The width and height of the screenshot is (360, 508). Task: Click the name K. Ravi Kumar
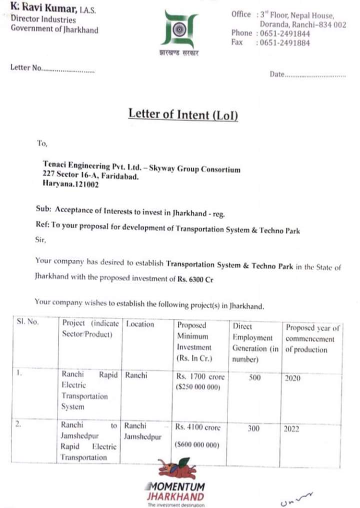pos(42,9)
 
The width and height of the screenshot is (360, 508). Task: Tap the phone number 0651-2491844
pos(284,34)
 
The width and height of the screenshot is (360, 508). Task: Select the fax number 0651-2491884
pos(284,43)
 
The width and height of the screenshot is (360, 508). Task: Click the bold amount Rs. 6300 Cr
pos(195,279)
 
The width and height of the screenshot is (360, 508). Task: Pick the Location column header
pos(140,324)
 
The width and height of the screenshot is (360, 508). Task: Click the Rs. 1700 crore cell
pos(200,376)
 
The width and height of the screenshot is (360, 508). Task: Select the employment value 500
pos(254,378)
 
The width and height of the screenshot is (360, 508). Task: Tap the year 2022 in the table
pos(291,429)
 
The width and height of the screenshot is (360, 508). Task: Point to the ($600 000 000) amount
pos(198,445)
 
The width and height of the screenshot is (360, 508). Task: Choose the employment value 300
pos(253,428)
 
